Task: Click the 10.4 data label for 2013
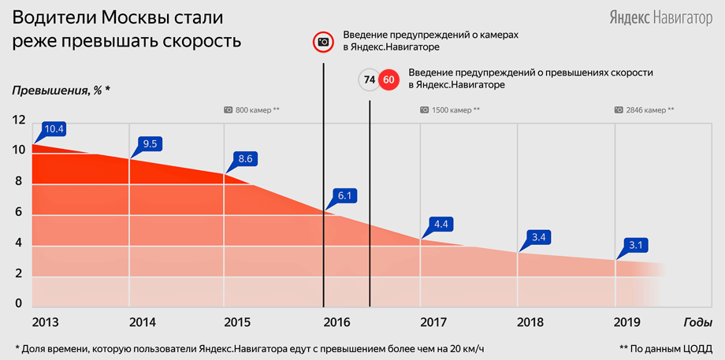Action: pos(54,129)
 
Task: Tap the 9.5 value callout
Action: pos(151,144)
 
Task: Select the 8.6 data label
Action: pos(245,158)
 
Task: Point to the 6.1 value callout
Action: pos(345,196)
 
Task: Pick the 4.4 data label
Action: pos(441,225)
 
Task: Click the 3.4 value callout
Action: pos(538,238)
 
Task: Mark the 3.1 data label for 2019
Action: pos(635,245)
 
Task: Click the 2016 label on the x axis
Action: pos(336,322)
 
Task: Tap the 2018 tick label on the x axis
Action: pos(530,322)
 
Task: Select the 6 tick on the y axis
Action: pos(18,212)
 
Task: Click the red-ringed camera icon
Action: pos(323,42)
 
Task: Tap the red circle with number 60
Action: pos(389,80)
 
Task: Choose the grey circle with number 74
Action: pos(369,80)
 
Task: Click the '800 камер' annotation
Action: pos(252,110)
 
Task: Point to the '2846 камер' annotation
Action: pos(644,110)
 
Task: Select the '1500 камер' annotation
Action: pos(450,110)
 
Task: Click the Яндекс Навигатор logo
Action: pos(660,18)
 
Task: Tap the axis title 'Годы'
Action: pos(697,322)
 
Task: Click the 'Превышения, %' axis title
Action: pos(61,90)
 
